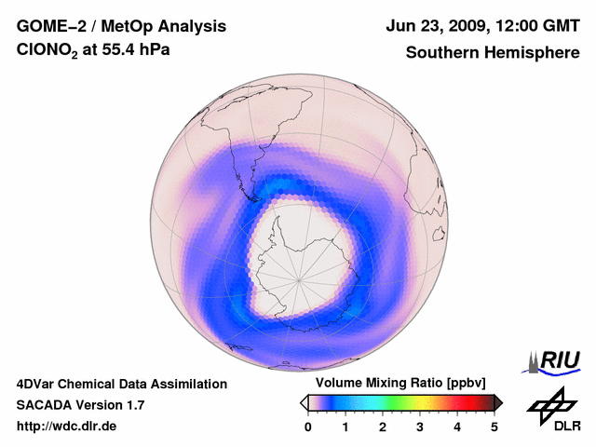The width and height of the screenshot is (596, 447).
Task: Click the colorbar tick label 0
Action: point(308,427)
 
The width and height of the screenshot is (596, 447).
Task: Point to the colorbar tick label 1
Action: point(345,427)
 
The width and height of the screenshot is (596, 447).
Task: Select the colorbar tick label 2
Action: point(383,427)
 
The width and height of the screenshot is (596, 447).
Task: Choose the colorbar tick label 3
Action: point(420,427)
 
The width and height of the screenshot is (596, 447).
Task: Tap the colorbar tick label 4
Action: point(457,427)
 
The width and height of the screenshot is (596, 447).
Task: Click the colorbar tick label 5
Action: point(494,427)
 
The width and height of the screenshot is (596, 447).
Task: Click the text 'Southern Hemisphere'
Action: point(492,53)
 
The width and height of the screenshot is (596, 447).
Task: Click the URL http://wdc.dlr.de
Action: point(66,427)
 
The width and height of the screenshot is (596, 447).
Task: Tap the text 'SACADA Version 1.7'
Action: point(80,405)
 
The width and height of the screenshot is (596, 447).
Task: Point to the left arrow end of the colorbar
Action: point(304,402)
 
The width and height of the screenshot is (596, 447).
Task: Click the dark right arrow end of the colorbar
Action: point(498,402)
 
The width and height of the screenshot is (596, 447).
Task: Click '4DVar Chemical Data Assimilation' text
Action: point(121,384)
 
